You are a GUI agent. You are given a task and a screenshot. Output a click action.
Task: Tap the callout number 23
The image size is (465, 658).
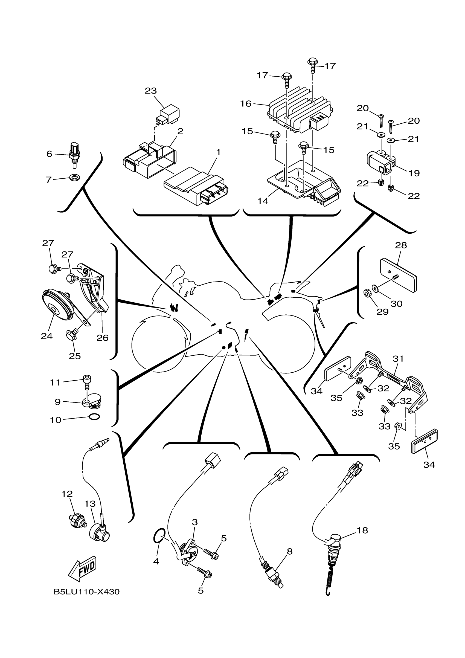click(x=151, y=91)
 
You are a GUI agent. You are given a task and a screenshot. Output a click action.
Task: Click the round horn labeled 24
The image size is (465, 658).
click(x=57, y=306)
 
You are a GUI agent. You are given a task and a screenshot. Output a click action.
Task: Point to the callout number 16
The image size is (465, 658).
click(x=246, y=104)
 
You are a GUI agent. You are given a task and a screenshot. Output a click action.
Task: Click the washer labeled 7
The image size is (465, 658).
click(x=75, y=177)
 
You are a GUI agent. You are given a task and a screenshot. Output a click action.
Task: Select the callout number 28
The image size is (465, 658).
click(x=401, y=245)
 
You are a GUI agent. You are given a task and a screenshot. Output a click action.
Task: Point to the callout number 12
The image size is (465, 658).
click(x=67, y=494)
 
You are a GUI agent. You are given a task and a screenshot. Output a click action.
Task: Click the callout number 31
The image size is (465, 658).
click(x=398, y=358)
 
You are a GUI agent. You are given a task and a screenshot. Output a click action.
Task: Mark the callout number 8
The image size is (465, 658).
click(x=290, y=551)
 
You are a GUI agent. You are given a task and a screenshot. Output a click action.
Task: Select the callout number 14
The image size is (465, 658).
click(x=263, y=201)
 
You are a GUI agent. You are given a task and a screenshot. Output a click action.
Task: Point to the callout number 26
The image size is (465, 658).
click(x=102, y=338)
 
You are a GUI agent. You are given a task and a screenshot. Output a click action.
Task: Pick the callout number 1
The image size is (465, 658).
click(x=218, y=152)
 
